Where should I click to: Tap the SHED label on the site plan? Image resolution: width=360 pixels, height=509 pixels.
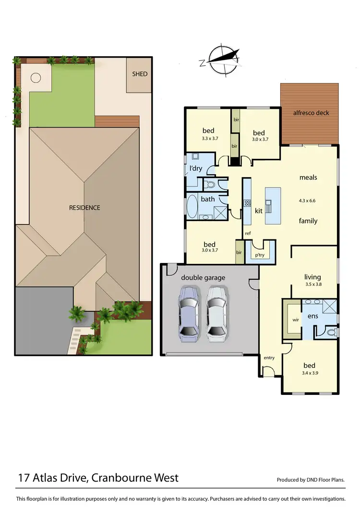tap(140, 74)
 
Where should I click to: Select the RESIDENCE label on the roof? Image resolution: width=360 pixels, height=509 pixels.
tap(84, 208)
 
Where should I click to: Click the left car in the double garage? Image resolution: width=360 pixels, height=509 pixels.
tap(189, 314)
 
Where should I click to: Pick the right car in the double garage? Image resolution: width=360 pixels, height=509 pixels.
tap(216, 314)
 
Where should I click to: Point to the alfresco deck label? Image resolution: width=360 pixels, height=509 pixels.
tap(311, 113)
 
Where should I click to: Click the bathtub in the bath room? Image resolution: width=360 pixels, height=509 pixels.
tap(192, 207)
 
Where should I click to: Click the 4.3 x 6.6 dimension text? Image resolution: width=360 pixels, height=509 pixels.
tap(308, 201)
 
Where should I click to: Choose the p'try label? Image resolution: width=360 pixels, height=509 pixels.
tap(260, 255)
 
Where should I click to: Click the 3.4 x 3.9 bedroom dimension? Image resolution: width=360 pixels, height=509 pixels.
tap(310, 373)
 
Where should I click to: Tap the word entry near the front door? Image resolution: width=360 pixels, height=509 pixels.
tap(269, 357)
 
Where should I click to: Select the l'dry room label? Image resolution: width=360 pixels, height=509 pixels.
tap(195, 168)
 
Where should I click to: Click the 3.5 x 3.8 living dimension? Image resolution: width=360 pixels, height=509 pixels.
tap(312, 284)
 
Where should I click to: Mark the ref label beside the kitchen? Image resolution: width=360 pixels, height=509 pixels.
tap(248, 234)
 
